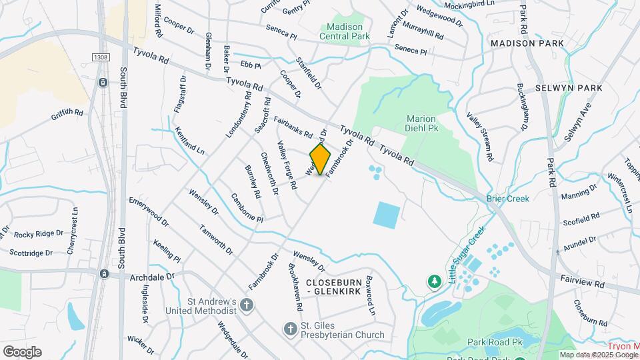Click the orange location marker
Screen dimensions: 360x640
(321, 161)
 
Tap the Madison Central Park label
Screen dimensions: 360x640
(344, 31)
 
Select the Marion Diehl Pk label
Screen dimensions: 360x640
(421, 123)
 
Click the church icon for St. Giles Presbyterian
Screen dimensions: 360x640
(290, 328)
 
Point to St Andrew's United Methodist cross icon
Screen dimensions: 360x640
(247, 306)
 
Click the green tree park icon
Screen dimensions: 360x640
(435, 282)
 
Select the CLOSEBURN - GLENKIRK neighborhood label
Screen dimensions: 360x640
(333, 287)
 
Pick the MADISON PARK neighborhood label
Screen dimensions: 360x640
(527, 43)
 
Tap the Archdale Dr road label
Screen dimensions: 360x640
(151, 275)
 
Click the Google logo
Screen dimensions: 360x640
(22, 351)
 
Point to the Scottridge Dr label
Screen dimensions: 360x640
(31, 253)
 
